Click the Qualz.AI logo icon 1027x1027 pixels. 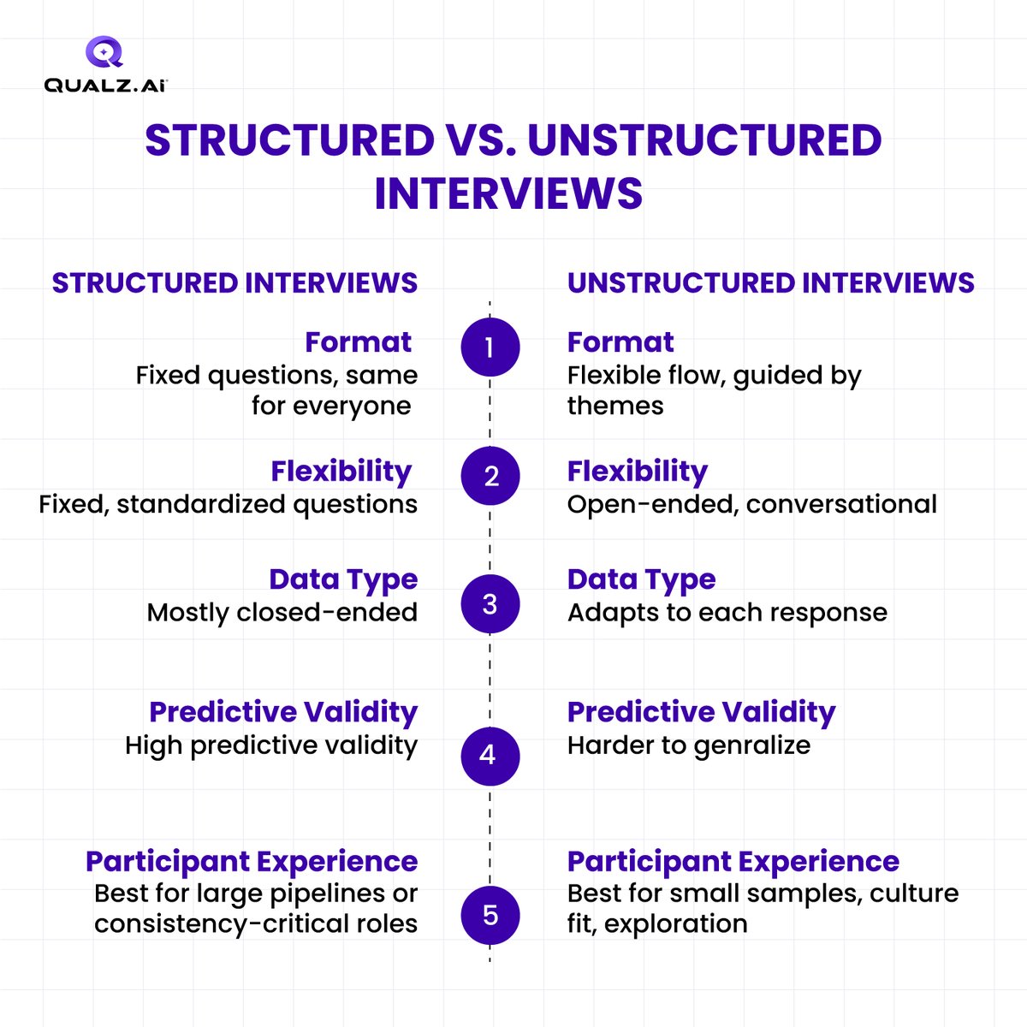[x=105, y=51]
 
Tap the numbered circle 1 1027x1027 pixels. [x=490, y=347]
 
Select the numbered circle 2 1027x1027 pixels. [x=490, y=476]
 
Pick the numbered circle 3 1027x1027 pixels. [x=490, y=604]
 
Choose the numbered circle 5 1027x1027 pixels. [x=490, y=915]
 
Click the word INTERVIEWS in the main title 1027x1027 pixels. [x=508, y=193]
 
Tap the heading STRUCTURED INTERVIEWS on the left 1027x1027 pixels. [x=234, y=283]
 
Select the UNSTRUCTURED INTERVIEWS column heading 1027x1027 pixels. [x=770, y=283]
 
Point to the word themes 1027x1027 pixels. [x=614, y=406]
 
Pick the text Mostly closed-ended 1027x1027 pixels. [x=282, y=613]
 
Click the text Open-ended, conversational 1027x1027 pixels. [x=751, y=504]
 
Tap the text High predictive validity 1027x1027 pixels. [x=270, y=745]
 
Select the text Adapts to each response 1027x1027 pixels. [x=727, y=613]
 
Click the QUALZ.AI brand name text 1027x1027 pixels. [x=105, y=85]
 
